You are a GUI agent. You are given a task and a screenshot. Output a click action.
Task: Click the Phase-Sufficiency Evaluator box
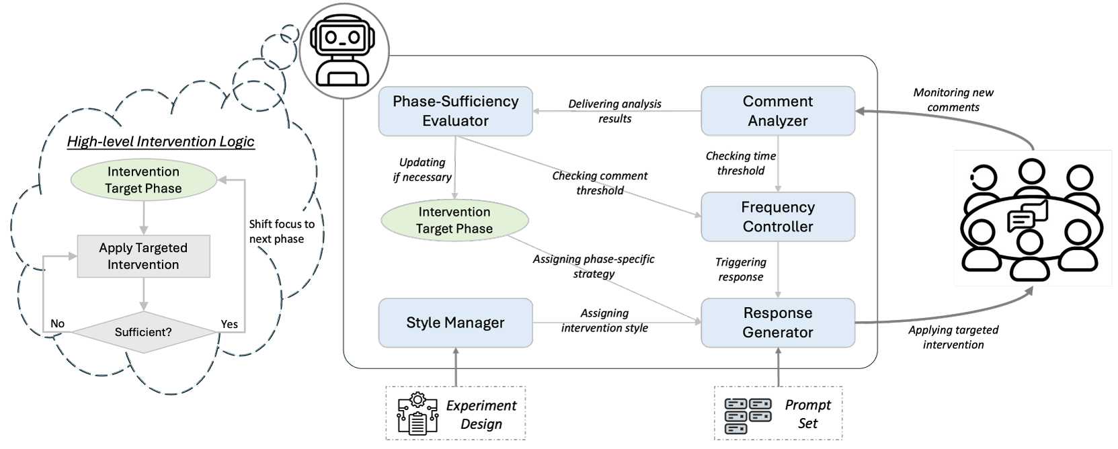[455, 111]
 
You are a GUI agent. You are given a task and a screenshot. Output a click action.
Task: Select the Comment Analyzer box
[777, 111]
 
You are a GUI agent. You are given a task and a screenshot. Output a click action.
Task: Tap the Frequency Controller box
[777, 216]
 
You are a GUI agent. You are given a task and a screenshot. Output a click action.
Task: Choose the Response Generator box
[777, 323]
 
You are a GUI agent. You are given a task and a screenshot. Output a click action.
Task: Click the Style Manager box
[455, 323]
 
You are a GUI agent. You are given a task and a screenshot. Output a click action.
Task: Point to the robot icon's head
[344, 38]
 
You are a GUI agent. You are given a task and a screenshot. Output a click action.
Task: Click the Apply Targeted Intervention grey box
[143, 256]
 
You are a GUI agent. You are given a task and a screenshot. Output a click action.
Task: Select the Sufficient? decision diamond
[143, 332]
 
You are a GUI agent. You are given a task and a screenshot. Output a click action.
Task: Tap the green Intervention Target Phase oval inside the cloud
[143, 180]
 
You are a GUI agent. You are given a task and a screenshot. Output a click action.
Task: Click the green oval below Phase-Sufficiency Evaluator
[454, 220]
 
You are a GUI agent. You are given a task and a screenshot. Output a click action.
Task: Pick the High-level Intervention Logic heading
[161, 141]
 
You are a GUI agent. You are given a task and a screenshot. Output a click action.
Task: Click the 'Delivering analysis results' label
[614, 112]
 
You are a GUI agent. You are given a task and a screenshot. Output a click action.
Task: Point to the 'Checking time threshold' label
[740, 163]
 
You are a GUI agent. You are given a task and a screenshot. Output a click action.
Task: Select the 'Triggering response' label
[740, 270]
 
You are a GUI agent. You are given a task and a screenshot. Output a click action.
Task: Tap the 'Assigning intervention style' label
[604, 321]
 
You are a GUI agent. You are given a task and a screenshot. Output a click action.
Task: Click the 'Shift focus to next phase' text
[281, 231]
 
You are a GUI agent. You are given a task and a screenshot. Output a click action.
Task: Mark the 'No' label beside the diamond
[58, 324]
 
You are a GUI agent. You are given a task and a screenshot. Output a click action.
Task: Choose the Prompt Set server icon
[748, 415]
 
